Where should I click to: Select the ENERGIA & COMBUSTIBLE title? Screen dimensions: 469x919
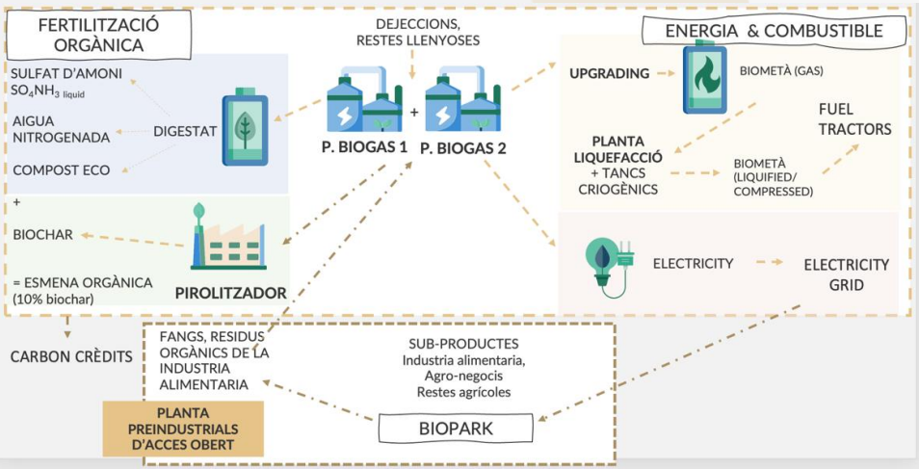click(774, 31)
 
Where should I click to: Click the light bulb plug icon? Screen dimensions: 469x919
click(606, 263)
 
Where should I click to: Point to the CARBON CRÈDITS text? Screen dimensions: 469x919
click(71, 356)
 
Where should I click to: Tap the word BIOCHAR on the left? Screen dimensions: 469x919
click(41, 234)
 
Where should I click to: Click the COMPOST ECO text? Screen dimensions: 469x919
click(62, 170)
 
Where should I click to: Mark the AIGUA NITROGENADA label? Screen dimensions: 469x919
click(62, 129)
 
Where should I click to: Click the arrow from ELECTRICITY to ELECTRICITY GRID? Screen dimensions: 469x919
click(769, 262)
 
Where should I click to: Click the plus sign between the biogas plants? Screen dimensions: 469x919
click(414, 112)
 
